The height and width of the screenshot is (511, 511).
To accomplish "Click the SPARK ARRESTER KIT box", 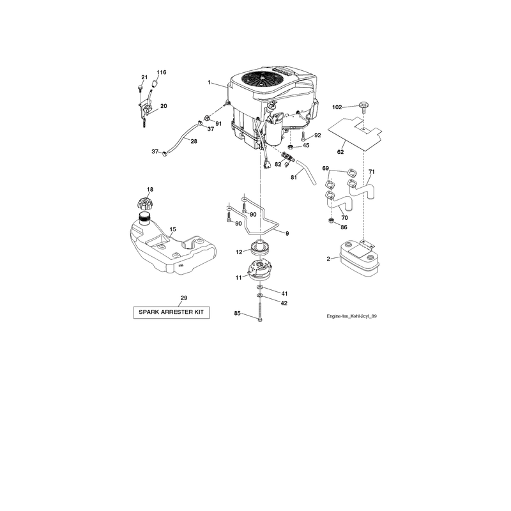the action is (171, 312).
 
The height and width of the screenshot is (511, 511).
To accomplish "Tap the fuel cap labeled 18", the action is (145, 204).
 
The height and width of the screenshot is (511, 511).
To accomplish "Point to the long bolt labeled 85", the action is (260, 311).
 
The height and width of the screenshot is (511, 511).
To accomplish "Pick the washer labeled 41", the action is (260, 286).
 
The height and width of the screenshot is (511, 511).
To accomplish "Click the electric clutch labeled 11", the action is (260, 269).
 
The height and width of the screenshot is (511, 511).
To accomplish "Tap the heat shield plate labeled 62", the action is (355, 133).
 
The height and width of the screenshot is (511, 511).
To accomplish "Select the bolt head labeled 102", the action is (363, 106).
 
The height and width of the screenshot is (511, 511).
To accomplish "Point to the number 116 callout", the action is (162, 72).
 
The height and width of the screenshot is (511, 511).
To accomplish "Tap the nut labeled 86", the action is (331, 221).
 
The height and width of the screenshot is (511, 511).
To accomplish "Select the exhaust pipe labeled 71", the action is (362, 188).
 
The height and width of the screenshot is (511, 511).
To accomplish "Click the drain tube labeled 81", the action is (306, 172).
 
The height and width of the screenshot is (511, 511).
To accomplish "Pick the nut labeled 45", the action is (292, 147).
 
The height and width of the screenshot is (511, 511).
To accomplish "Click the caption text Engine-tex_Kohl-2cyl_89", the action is (352, 316).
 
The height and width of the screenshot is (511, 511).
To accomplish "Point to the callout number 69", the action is (325, 168).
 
